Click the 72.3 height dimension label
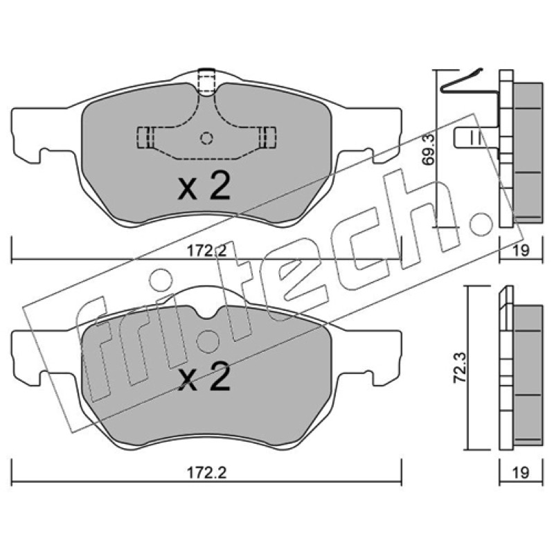[460, 368]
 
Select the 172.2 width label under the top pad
[206, 251]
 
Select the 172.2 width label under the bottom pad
[206, 472]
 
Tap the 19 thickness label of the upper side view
[521, 251]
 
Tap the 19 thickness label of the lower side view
[521, 472]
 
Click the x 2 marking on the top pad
[205, 186]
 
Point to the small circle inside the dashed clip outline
[206, 138]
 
